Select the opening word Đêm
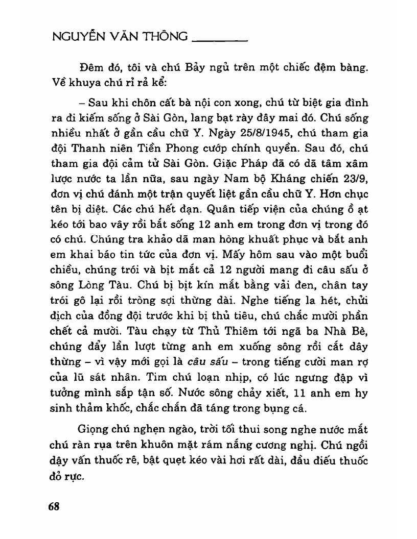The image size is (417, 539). (x=90, y=67)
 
